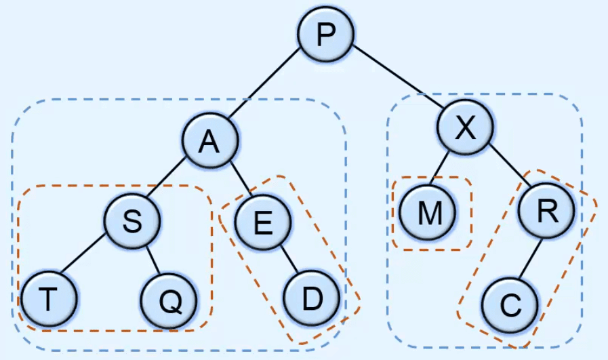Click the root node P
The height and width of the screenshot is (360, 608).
[326, 33]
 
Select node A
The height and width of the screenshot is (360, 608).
[210, 140]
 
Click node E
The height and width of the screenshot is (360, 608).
[263, 222]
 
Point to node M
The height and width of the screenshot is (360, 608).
[428, 214]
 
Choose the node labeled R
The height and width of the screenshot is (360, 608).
[546, 211]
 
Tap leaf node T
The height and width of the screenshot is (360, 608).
[48, 298]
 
